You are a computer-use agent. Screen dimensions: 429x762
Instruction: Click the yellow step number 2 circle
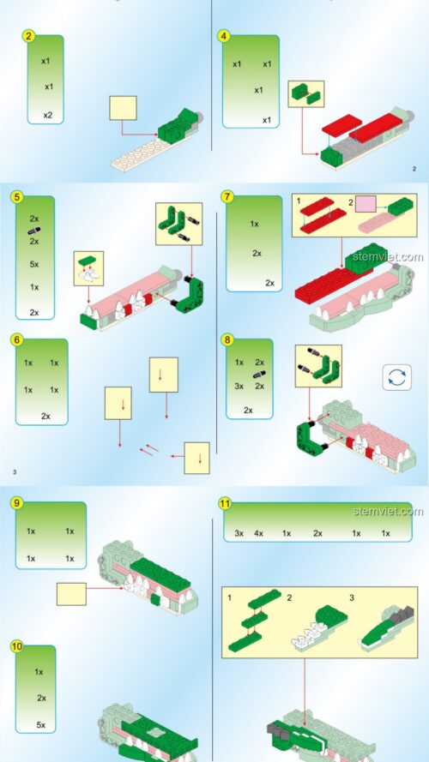(x=28, y=36)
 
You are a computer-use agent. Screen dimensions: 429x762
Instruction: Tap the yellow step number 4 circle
(x=224, y=37)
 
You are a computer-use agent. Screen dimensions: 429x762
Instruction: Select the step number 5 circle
(x=17, y=197)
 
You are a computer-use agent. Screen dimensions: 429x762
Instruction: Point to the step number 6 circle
(x=17, y=339)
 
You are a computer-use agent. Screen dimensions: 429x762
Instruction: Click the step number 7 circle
(x=227, y=197)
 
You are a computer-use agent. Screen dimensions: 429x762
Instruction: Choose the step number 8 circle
(x=227, y=339)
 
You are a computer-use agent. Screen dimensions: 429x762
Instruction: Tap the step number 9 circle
(x=17, y=503)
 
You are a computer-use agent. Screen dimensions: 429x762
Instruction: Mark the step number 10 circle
(x=17, y=645)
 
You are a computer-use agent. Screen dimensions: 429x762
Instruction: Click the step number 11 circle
(x=225, y=503)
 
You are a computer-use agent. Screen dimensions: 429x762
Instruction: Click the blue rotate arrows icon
(x=397, y=378)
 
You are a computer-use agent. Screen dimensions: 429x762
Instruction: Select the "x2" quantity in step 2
(x=47, y=115)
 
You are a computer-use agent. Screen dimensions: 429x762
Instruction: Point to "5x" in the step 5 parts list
(x=34, y=264)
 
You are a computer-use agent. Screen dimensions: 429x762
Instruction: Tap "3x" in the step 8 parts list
(x=239, y=386)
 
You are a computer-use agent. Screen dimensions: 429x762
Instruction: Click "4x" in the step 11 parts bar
(x=258, y=533)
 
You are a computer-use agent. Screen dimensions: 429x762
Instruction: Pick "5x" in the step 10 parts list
(x=41, y=724)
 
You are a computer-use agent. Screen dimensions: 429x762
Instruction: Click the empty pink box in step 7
(x=366, y=204)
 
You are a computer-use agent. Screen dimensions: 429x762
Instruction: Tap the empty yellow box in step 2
(x=123, y=108)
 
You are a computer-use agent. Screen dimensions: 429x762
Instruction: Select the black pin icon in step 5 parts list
(x=34, y=231)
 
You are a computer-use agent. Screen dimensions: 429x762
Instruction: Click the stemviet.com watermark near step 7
(x=388, y=256)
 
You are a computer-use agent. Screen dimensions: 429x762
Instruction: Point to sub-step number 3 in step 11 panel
(x=352, y=597)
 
